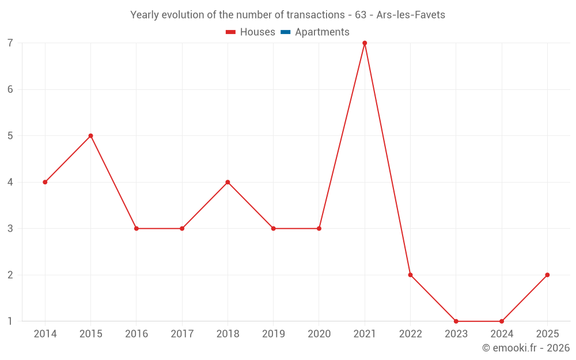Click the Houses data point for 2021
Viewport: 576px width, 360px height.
365,43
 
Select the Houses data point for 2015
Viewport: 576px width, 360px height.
91,136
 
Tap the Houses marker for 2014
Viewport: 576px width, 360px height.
45,182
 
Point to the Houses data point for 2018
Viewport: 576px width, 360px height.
228,182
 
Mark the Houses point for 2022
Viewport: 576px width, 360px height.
410,275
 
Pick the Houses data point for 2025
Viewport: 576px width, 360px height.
547,275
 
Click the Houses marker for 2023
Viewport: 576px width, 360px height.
456,321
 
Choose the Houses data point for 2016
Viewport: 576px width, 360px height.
137,229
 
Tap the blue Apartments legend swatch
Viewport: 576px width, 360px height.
285,32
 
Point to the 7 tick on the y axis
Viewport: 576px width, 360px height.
10,43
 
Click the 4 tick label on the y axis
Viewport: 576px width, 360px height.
10,182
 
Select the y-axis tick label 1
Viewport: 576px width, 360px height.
10,321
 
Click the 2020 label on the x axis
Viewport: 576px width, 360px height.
319,334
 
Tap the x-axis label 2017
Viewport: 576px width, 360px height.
182,334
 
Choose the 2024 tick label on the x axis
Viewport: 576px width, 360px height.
502,334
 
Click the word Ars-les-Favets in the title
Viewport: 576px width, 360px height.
411,15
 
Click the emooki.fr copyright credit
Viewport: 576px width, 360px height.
526,348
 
